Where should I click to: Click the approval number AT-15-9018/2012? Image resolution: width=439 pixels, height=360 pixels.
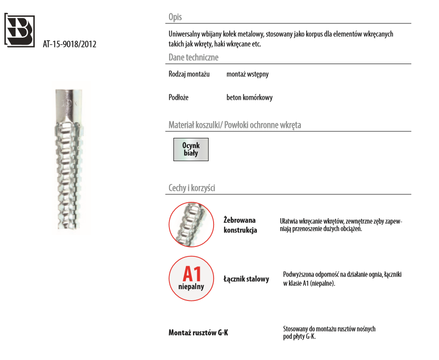click(x=69, y=44)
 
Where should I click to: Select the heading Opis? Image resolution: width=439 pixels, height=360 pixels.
click(x=175, y=17)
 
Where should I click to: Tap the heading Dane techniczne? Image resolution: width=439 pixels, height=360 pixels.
click(x=193, y=58)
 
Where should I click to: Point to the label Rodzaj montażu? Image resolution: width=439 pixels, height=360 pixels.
click(x=189, y=74)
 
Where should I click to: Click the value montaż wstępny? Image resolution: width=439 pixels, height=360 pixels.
click(x=247, y=74)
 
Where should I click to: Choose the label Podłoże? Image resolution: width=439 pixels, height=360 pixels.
click(x=178, y=98)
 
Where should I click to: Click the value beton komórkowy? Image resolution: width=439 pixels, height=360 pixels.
click(x=249, y=98)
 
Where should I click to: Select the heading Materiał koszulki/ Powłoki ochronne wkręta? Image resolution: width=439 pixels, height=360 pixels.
click(x=234, y=125)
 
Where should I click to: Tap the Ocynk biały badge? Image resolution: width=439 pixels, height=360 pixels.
click(x=191, y=149)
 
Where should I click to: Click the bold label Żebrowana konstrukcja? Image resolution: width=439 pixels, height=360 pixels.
click(x=240, y=225)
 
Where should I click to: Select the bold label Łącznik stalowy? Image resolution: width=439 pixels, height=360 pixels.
click(x=246, y=279)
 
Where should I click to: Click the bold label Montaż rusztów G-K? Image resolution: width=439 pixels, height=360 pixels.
click(x=198, y=333)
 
